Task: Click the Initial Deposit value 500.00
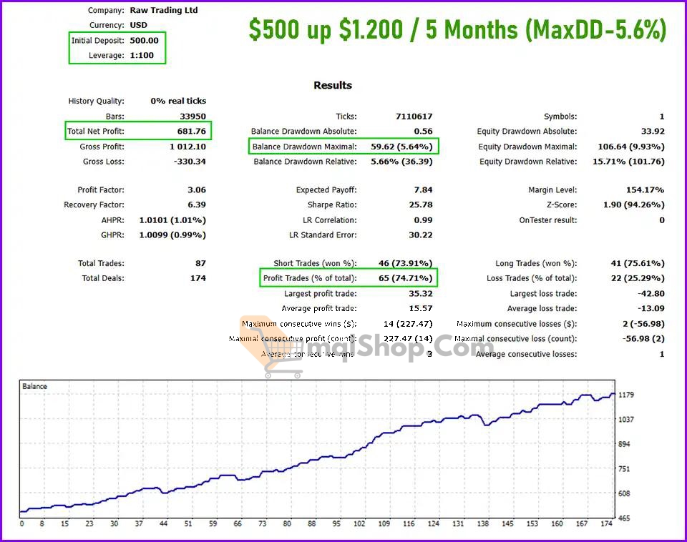(144, 41)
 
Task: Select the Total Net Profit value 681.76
(191, 132)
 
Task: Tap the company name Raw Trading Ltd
(164, 11)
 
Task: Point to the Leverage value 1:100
(142, 56)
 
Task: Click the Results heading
(333, 85)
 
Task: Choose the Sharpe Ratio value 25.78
(419, 205)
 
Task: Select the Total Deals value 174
(198, 279)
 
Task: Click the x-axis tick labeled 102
(359, 524)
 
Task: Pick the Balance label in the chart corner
(34, 387)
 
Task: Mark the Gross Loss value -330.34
(190, 162)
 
